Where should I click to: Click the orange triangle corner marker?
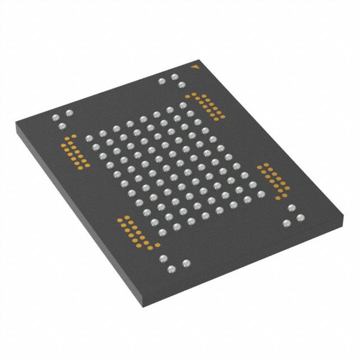tap(195, 67)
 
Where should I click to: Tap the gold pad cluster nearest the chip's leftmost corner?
tap(74, 151)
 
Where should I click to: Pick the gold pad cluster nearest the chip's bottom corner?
tap(133, 232)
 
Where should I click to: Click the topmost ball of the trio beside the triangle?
tap(174, 76)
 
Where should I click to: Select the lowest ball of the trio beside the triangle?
tap(182, 85)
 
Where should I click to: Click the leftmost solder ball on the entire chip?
tap(56, 118)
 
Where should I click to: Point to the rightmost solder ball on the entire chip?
tap(292, 208)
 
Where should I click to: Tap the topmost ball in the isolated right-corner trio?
tap(292, 208)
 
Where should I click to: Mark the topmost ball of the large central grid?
tap(183, 105)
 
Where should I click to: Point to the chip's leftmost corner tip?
tap(15, 121)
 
